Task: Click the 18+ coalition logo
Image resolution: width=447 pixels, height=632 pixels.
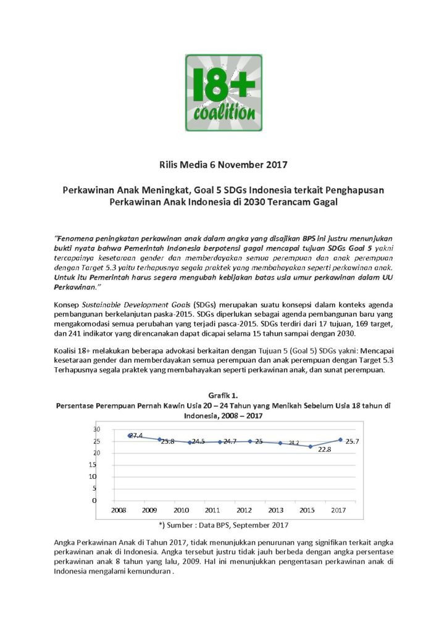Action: click(x=223, y=93)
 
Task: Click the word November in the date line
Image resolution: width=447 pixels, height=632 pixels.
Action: click(x=230, y=165)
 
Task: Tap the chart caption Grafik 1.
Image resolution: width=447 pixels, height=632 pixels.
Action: click(x=223, y=395)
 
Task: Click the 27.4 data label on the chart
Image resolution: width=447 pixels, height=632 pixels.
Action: click(x=136, y=436)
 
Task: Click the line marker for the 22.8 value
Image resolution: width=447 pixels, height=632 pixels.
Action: click(x=311, y=446)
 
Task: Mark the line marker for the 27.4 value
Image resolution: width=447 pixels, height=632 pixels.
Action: click(x=130, y=435)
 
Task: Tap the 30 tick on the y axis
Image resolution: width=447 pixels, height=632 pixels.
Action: click(x=96, y=429)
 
